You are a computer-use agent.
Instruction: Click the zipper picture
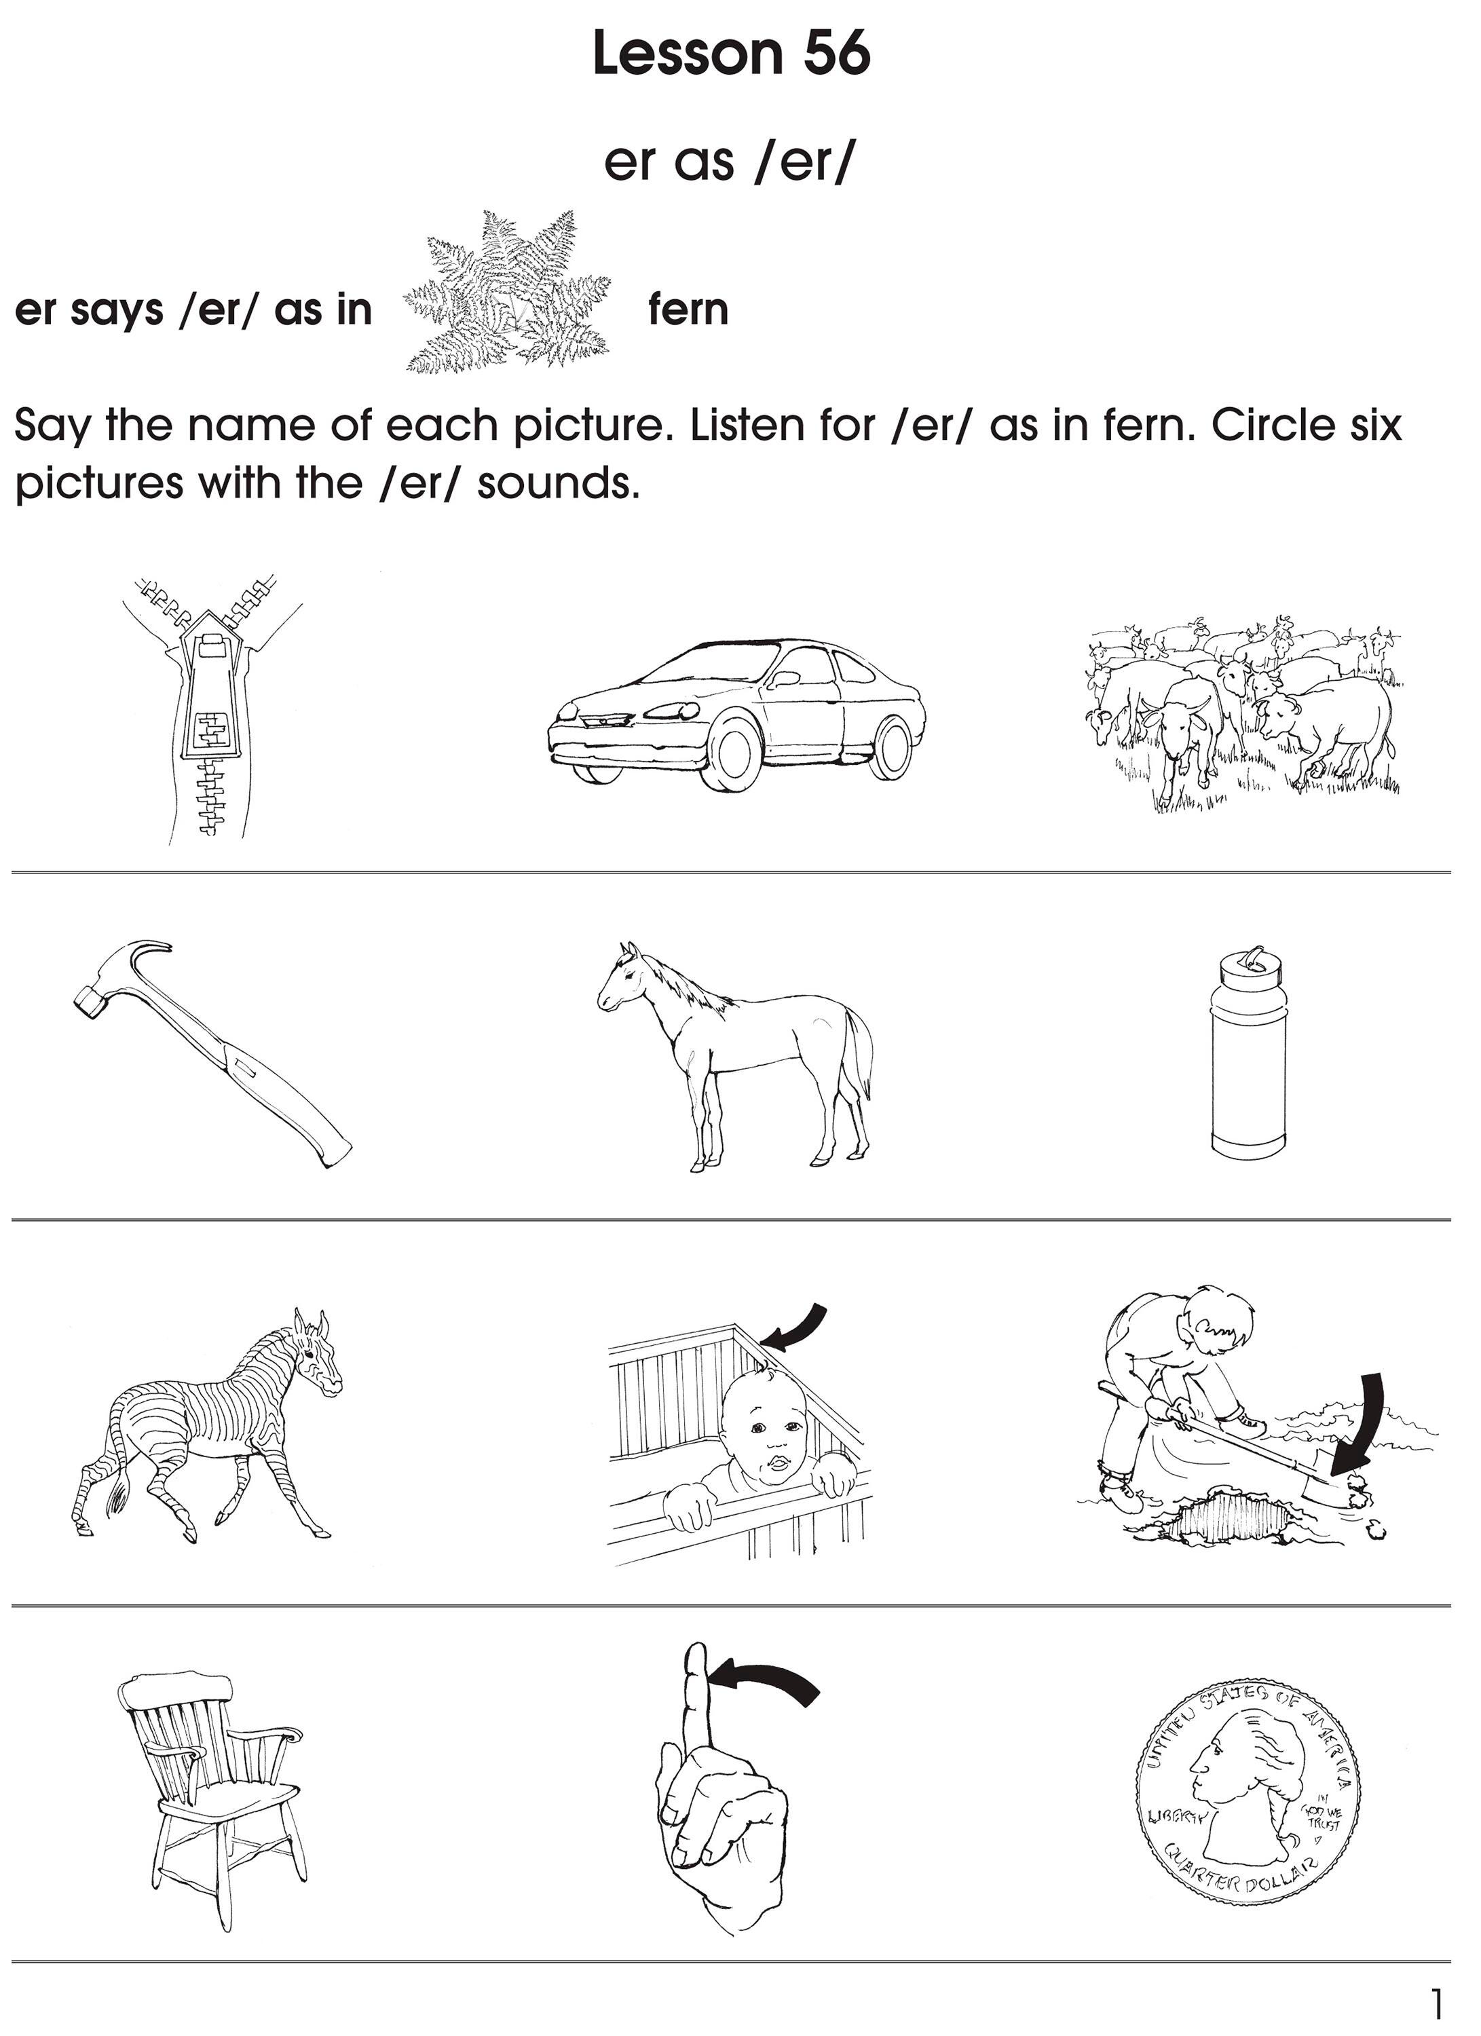point(212,709)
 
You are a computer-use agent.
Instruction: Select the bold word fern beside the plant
point(688,311)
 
